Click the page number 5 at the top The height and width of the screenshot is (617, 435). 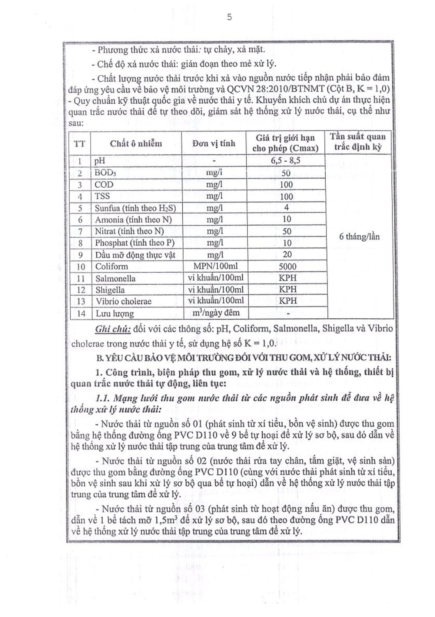[229, 17]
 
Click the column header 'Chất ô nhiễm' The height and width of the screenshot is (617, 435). [136, 144]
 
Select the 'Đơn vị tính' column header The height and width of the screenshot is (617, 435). [214, 144]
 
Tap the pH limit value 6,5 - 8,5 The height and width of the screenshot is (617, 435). [285, 160]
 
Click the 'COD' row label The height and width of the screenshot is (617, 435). [104, 185]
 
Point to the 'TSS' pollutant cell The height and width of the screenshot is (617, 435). [102, 196]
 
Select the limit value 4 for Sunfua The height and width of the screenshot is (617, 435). [286, 208]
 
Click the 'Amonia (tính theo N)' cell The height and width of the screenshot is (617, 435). [133, 220]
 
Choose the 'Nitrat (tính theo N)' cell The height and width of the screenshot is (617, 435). [129, 231]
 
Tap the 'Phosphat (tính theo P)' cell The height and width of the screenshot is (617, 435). [135, 243]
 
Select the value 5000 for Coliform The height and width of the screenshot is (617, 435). [287, 266]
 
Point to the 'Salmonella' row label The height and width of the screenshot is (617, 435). [115, 278]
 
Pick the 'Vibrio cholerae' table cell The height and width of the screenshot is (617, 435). [123, 301]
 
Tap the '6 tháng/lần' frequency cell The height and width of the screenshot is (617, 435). [359, 237]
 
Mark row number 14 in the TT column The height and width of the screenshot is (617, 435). [81, 313]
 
